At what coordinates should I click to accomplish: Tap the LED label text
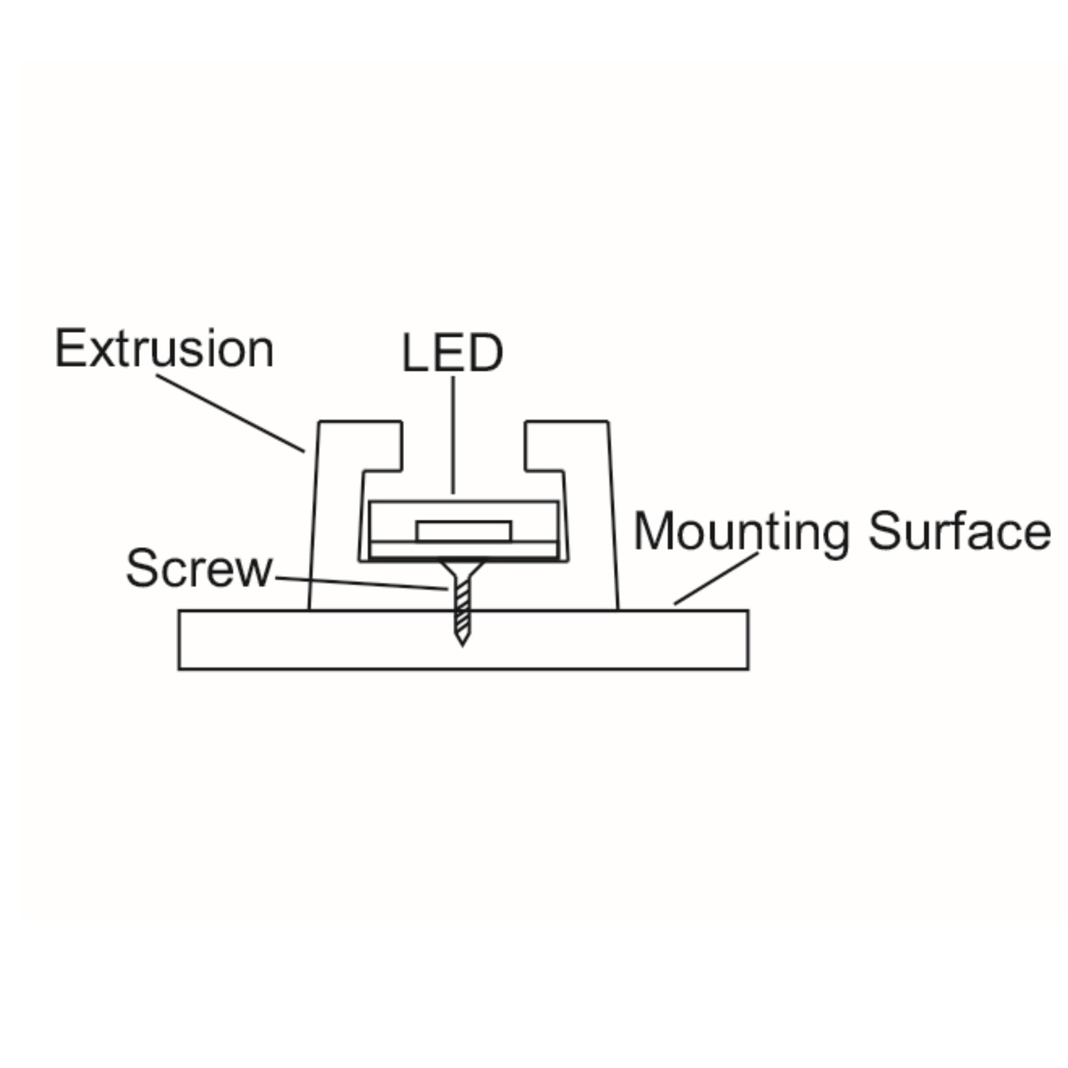(452, 353)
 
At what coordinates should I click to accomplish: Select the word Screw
(200, 569)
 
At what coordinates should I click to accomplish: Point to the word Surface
(959, 531)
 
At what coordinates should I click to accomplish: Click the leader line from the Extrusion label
(231, 413)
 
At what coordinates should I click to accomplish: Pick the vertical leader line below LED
(453, 435)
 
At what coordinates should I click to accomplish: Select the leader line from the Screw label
(362, 584)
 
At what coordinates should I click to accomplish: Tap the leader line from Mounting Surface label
(716, 579)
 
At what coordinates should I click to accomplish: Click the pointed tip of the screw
(462, 645)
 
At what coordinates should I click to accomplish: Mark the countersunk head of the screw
(462, 569)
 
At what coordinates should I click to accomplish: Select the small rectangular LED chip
(464, 531)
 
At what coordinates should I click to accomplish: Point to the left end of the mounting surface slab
(179, 640)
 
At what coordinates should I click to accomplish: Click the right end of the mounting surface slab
(748, 640)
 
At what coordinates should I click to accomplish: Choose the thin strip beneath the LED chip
(464, 549)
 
